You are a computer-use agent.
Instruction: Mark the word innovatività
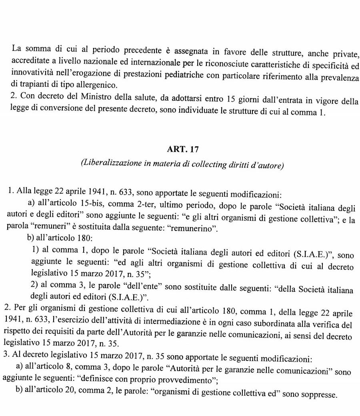[x=31, y=74]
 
